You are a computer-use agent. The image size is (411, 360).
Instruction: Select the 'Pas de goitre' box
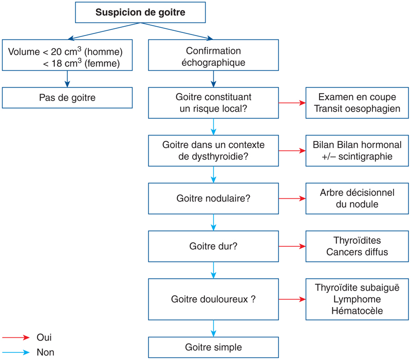(67, 97)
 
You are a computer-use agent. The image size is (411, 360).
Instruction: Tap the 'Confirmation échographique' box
(213, 57)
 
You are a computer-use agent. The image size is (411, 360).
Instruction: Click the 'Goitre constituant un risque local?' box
(213, 103)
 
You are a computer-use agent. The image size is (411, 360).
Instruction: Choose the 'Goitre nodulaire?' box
(213, 198)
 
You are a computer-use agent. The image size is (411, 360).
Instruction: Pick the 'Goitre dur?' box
(213, 246)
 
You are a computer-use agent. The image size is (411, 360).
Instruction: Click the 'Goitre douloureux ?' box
(213, 299)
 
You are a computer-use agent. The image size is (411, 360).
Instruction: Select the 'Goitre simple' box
(213, 347)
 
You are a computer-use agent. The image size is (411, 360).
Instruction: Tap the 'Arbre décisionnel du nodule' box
(357, 198)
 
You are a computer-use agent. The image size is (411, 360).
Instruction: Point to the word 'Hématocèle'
(357, 311)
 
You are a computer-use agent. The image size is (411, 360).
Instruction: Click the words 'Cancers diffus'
(357, 252)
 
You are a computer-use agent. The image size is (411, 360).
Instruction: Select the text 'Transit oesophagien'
(357, 109)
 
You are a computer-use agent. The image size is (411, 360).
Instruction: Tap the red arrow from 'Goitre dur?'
(292, 246)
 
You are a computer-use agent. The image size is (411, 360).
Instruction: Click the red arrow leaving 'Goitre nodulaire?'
(292, 198)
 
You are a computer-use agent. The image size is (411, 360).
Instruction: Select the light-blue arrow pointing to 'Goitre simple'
(213, 328)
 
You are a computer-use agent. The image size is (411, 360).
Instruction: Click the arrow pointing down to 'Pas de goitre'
(67, 79)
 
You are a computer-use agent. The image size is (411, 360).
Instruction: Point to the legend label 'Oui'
(44, 337)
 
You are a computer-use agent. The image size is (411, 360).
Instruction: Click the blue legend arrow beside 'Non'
(15, 353)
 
